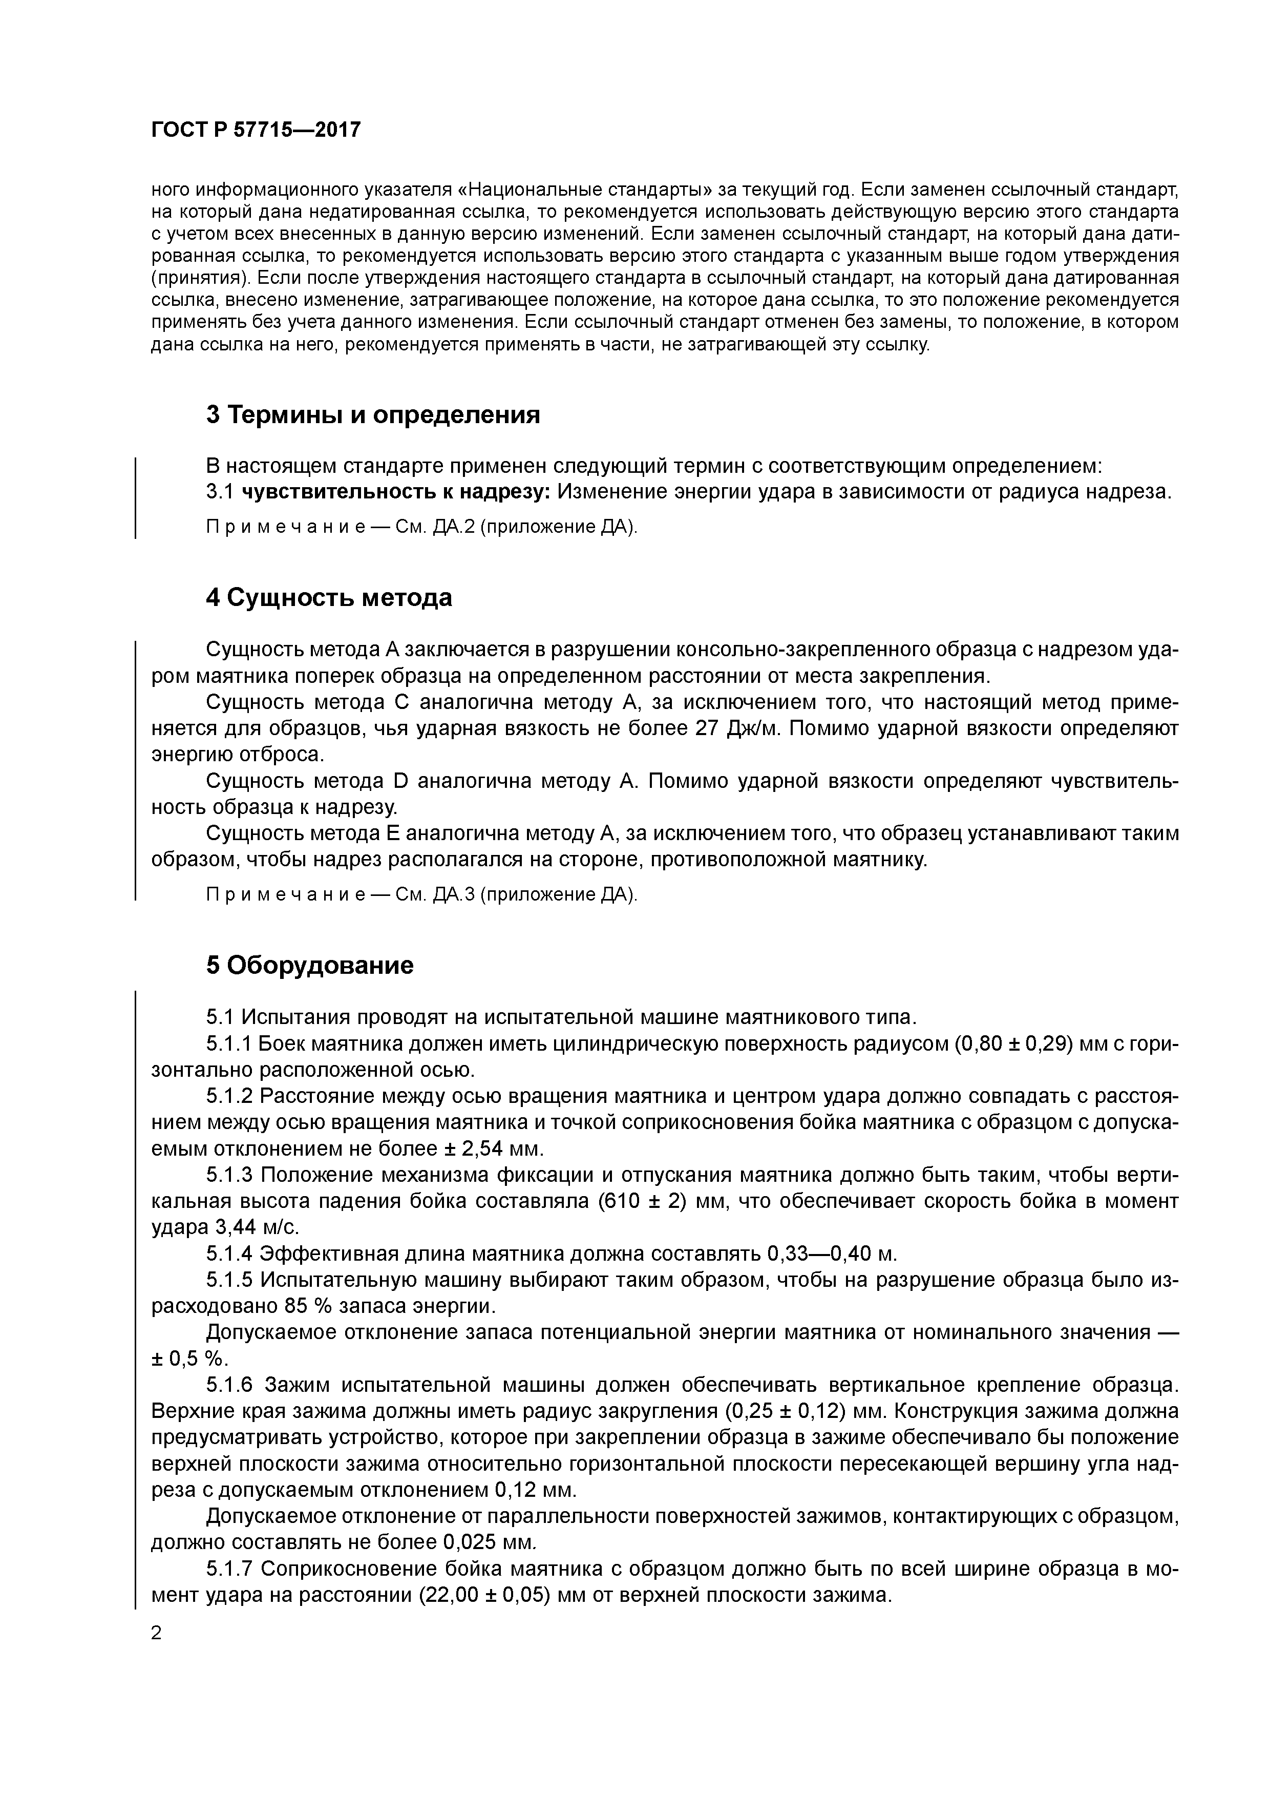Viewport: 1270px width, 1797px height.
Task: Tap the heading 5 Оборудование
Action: tap(310, 966)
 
